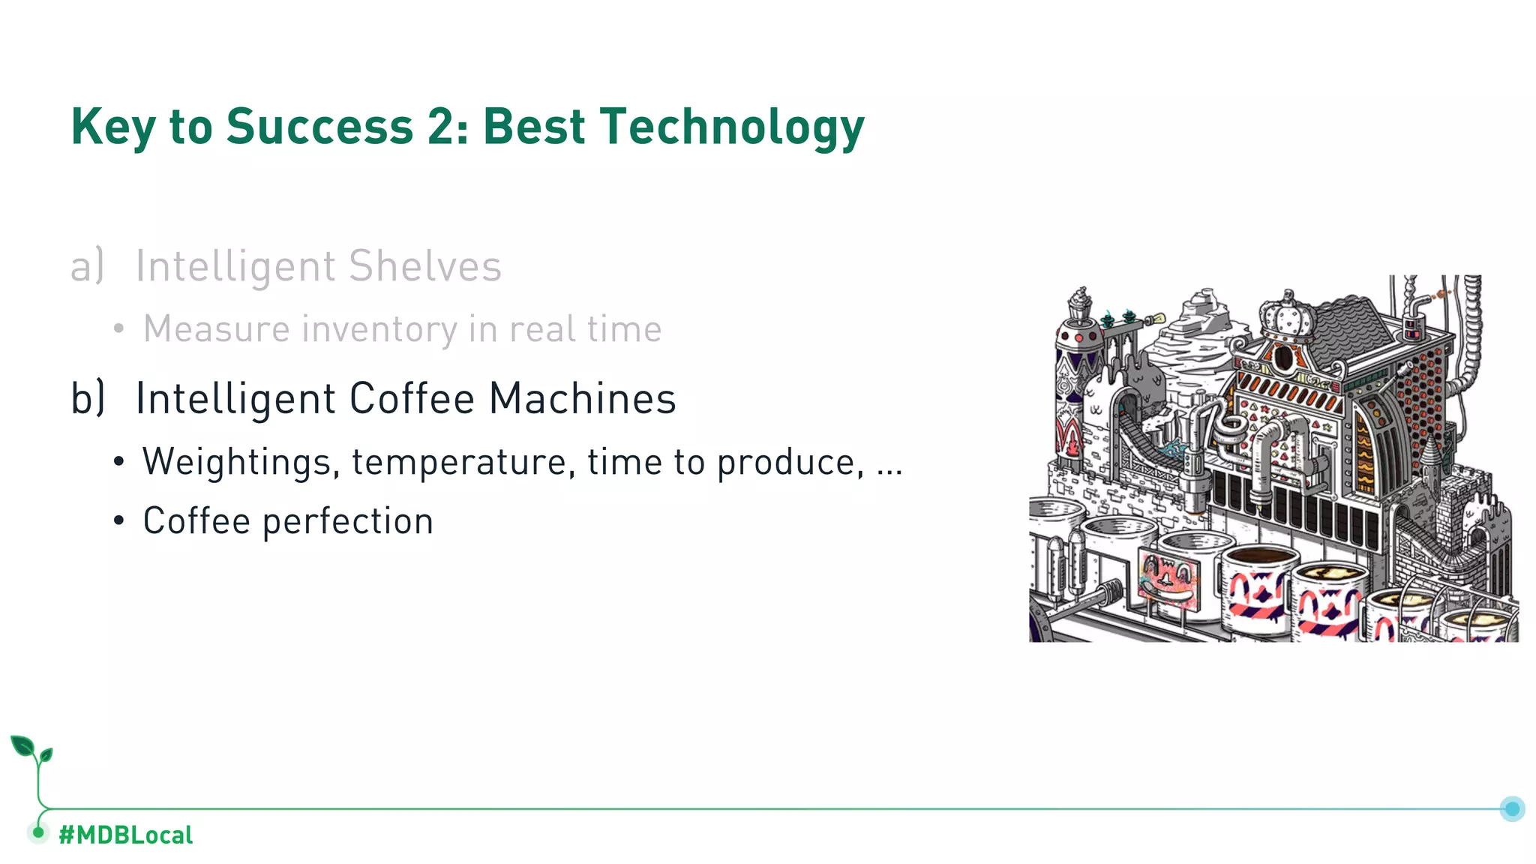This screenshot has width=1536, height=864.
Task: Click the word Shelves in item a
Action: point(424,266)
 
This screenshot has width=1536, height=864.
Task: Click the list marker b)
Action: point(88,398)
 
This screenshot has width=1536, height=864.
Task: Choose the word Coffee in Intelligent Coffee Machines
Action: point(412,398)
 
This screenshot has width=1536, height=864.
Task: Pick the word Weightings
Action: point(237,462)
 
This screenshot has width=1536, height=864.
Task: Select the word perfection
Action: point(348,522)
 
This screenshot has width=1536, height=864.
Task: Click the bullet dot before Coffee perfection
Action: point(118,520)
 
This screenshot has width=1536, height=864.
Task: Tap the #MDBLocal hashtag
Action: point(125,835)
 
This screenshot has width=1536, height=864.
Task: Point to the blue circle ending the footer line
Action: point(1512,808)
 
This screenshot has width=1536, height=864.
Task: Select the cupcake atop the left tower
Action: point(1080,304)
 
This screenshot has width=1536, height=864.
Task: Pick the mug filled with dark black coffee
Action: point(1261,585)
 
